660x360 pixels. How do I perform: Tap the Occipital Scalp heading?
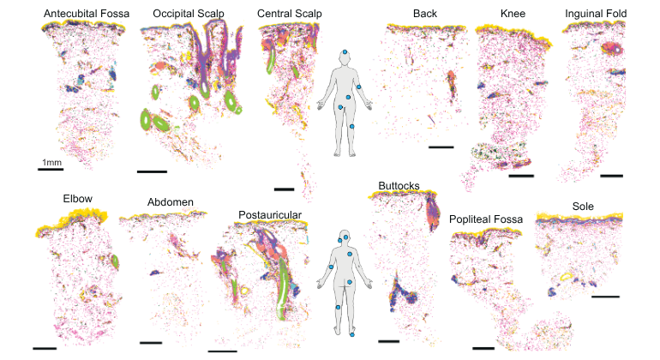(189, 14)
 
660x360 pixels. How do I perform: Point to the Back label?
(424, 14)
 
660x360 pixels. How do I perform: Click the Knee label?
(513, 14)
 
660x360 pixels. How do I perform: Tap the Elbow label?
(77, 199)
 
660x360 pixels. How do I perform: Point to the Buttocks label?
(398, 185)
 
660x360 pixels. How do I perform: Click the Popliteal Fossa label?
(489, 220)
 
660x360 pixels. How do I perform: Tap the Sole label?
(584, 207)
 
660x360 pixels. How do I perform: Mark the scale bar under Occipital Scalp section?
(152, 173)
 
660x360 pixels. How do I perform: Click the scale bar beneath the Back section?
(440, 147)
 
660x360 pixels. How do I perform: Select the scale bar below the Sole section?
(605, 297)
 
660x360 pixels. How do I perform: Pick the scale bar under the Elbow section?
(44, 348)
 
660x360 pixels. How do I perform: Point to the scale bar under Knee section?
(521, 177)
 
